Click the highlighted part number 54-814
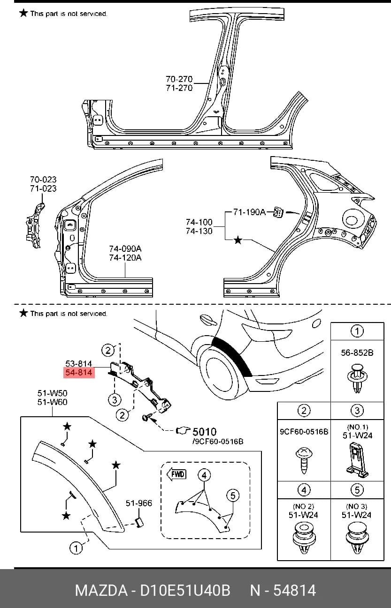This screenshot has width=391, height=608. (x=79, y=372)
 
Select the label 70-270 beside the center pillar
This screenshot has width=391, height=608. (x=179, y=79)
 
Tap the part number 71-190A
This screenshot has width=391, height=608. (x=249, y=212)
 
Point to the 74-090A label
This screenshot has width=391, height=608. (x=125, y=248)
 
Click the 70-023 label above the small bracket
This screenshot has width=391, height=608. (x=43, y=180)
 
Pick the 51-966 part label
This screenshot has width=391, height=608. (x=139, y=503)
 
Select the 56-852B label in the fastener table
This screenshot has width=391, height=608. (x=357, y=353)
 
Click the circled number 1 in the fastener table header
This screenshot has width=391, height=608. (x=357, y=331)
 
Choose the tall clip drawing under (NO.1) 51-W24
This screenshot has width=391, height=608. (x=357, y=460)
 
